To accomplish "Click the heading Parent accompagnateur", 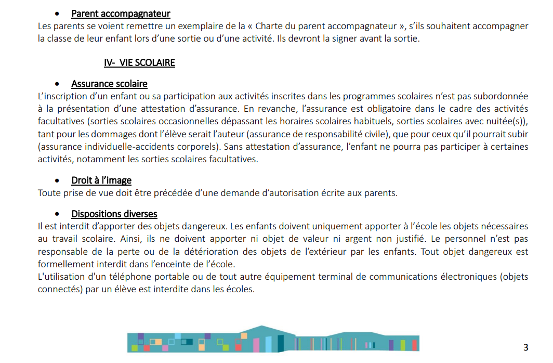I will point(121,14).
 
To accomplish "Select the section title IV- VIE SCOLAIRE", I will point(139,63).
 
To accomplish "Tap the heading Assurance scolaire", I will point(109,84).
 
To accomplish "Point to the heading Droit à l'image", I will point(101,180).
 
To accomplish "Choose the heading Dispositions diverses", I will point(114,214).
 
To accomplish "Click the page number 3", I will point(525,347).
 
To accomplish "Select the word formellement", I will point(62,264).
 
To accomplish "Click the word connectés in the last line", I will point(58,289).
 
